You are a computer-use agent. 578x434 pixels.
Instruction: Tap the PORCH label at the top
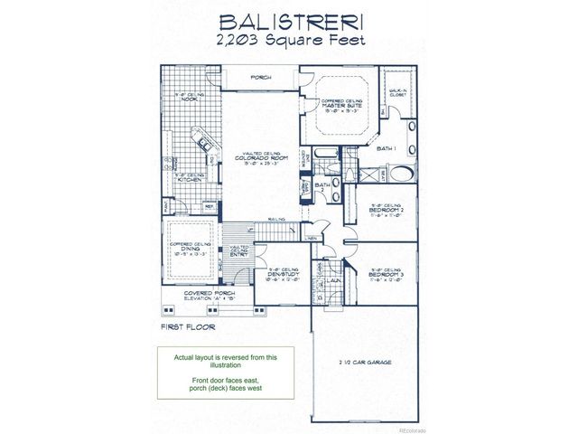point(262,79)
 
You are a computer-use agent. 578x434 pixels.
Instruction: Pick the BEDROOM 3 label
point(386,273)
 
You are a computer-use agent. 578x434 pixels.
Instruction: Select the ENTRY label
point(239,255)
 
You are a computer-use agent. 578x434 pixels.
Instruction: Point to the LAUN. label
point(331,281)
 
